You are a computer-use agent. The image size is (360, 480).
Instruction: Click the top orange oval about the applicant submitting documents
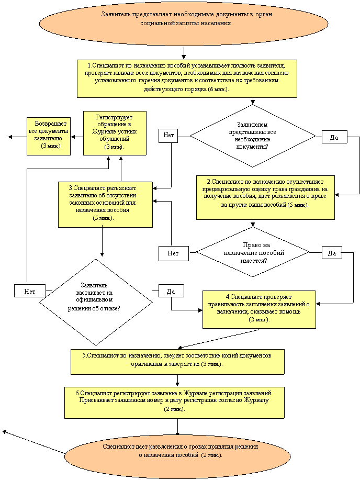click(x=184, y=23)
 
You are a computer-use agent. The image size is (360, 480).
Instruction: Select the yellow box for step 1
click(x=187, y=79)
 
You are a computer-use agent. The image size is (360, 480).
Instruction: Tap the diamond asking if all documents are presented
click(x=253, y=136)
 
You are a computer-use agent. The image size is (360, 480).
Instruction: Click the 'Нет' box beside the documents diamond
click(x=168, y=136)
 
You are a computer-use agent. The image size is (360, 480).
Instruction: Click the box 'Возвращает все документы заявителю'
click(x=49, y=136)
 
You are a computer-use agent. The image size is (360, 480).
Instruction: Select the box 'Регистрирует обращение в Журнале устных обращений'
click(x=115, y=133)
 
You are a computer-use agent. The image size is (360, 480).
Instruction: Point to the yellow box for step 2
click(x=265, y=197)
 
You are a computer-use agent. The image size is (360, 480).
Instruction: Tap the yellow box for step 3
click(x=105, y=205)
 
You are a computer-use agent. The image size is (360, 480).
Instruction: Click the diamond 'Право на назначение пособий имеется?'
click(x=253, y=252)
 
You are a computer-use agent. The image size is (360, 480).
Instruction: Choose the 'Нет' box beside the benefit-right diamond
click(x=174, y=253)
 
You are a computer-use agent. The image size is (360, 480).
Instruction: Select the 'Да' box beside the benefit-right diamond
click(x=332, y=252)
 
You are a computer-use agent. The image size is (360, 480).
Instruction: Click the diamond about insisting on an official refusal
click(x=96, y=302)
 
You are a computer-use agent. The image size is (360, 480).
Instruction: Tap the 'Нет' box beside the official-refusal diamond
click(x=30, y=291)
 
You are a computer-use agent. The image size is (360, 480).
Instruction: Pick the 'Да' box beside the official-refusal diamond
click(x=171, y=291)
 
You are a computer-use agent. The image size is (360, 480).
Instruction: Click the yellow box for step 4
click(x=260, y=309)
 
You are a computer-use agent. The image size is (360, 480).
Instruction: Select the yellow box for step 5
click(x=177, y=362)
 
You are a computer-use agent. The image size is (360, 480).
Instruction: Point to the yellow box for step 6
click(x=174, y=403)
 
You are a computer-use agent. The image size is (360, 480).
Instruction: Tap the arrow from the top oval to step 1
click(x=184, y=53)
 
